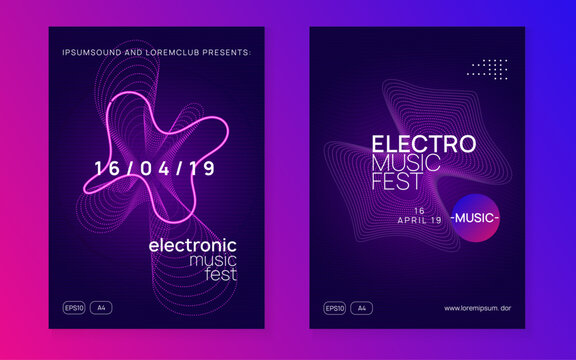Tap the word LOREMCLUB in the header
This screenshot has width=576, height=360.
click(x=172, y=51)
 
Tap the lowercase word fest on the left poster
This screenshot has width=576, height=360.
click(x=222, y=276)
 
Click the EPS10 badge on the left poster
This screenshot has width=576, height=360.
click(x=74, y=307)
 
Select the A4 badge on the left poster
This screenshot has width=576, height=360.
click(x=101, y=307)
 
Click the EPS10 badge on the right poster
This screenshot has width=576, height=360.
click(x=334, y=307)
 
